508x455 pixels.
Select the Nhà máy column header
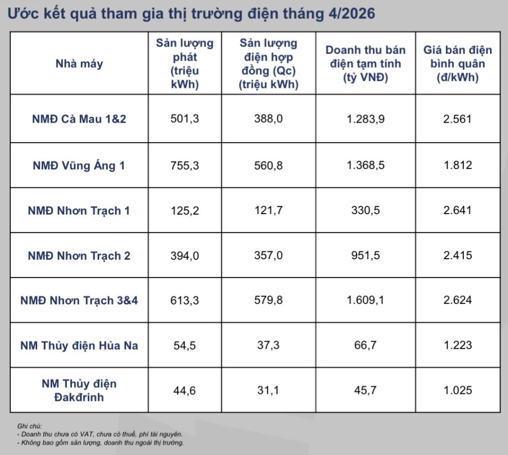click(79, 64)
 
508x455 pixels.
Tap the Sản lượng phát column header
click(185, 63)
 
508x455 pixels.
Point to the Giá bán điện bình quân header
click(457, 63)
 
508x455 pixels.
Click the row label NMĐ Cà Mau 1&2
click(79, 119)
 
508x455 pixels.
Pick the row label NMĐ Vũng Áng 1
click(79, 166)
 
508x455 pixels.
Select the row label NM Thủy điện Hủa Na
click(79, 345)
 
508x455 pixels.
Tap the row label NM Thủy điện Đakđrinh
click(79, 390)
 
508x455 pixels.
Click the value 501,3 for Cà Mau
click(185, 119)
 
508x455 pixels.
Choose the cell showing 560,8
click(268, 166)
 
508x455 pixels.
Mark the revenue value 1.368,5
click(366, 165)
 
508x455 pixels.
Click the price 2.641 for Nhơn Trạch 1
click(457, 210)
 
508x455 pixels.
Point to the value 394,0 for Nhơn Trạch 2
click(185, 256)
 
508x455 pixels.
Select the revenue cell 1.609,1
click(366, 300)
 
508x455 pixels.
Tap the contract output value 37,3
click(268, 345)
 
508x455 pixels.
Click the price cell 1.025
click(457, 390)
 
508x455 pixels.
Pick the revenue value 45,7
click(366, 390)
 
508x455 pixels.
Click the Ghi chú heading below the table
click(29, 426)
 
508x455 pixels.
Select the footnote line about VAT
click(100, 434)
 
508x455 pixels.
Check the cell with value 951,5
click(366, 255)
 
